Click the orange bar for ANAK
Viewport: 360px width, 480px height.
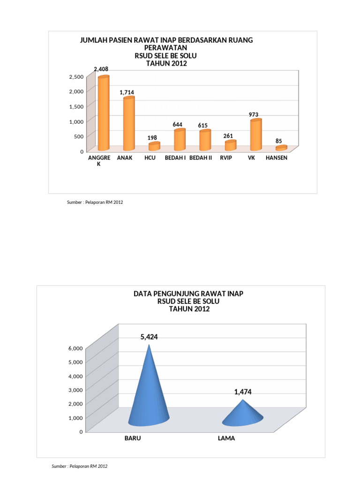(x=129, y=123)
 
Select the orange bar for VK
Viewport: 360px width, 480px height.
(x=256, y=135)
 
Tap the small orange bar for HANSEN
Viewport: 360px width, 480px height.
(x=281, y=148)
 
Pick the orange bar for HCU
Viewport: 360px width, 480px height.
(x=154, y=146)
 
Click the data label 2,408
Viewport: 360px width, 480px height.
(x=101, y=69)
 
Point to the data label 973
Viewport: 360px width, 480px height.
(x=254, y=114)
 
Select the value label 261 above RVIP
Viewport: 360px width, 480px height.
(x=228, y=135)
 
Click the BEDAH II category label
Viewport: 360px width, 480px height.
(x=201, y=157)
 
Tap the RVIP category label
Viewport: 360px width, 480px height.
(x=226, y=157)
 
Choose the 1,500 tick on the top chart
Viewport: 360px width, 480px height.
(x=76, y=106)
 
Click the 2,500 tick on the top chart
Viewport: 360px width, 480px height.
(x=76, y=76)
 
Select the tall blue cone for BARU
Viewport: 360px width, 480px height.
(x=149, y=385)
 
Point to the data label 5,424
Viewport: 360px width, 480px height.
(x=149, y=337)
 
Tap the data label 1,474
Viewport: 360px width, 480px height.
(x=243, y=392)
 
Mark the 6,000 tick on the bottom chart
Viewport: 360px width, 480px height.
(x=75, y=348)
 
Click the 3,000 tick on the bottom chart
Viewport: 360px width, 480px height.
(x=75, y=390)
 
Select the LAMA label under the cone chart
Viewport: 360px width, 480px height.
(x=226, y=438)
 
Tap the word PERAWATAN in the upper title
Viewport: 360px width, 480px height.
(x=165, y=48)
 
